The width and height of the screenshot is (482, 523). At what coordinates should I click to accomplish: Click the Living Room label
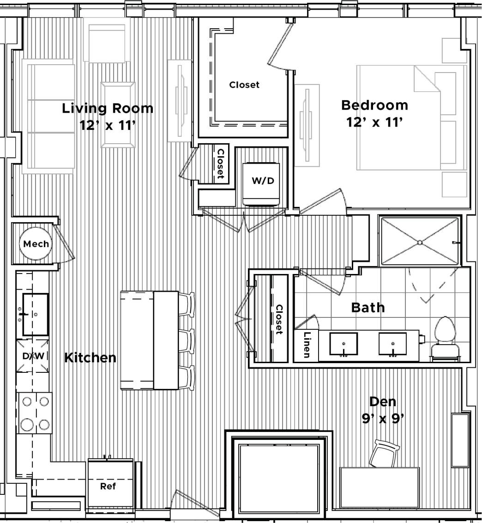(x=108, y=109)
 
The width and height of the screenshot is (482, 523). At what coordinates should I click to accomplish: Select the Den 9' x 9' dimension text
(x=383, y=419)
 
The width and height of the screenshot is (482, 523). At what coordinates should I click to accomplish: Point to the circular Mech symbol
(x=36, y=243)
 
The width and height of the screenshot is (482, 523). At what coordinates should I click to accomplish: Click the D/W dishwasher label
(x=33, y=356)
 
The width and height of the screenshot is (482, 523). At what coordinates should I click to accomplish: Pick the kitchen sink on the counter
(x=35, y=314)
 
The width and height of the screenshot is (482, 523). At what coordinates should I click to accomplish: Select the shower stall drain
(x=420, y=242)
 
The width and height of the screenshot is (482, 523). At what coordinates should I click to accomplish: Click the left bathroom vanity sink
(x=343, y=344)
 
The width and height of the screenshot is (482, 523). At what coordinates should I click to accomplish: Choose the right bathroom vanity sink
(x=392, y=344)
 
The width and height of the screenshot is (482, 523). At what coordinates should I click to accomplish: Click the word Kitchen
(x=90, y=358)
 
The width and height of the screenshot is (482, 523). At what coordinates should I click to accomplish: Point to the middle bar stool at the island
(x=186, y=341)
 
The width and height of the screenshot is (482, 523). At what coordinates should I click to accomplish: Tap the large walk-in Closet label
(x=244, y=85)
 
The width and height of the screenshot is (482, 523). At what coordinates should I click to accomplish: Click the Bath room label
(x=368, y=307)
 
